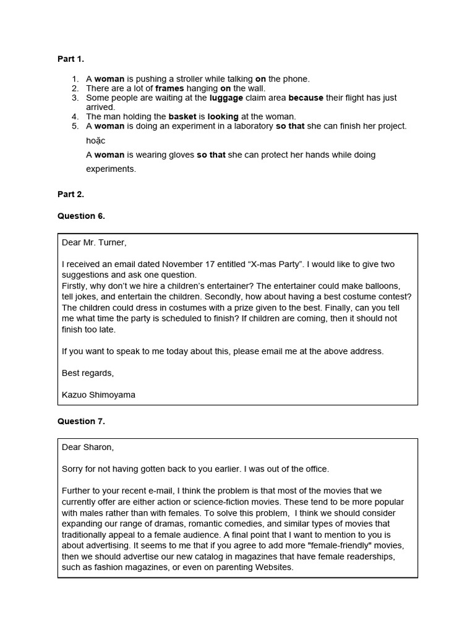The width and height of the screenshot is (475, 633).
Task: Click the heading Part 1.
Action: click(x=71, y=59)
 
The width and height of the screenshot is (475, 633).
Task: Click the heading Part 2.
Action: click(x=71, y=194)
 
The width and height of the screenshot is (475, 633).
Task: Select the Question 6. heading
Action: click(x=81, y=216)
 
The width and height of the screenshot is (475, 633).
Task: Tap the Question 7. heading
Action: click(x=81, y=421)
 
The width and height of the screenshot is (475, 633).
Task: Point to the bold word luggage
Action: click(x=226, y=98)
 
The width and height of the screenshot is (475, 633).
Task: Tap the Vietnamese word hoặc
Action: click(x=96, y=140)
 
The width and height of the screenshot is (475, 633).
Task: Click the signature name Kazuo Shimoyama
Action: click(x=98, y=394)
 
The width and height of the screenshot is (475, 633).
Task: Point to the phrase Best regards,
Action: click(x=88, y=373)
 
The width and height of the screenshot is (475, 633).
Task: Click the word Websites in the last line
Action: click(x=273, y=567)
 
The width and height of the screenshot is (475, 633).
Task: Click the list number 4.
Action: click(x=75, y=116)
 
